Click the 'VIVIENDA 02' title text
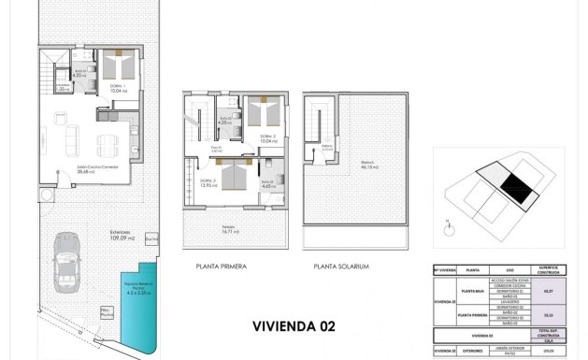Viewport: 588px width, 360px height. click(294, 326)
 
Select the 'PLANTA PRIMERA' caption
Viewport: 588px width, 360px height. click(222, 266)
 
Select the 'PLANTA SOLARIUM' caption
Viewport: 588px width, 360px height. click(341, 266)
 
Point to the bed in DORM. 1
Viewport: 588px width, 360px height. click(119, 67)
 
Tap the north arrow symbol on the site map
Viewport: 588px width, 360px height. click(450, 224)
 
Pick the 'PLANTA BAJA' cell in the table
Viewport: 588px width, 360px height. click(469, 292)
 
